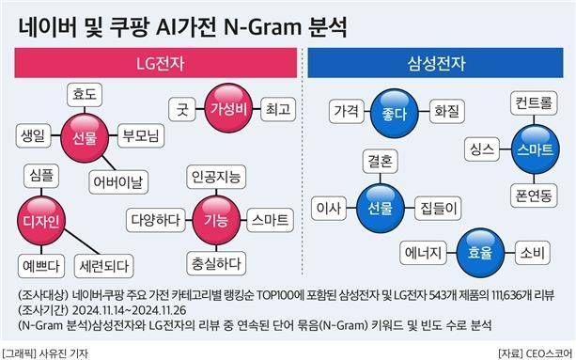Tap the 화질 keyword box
(x=446, y=110)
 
